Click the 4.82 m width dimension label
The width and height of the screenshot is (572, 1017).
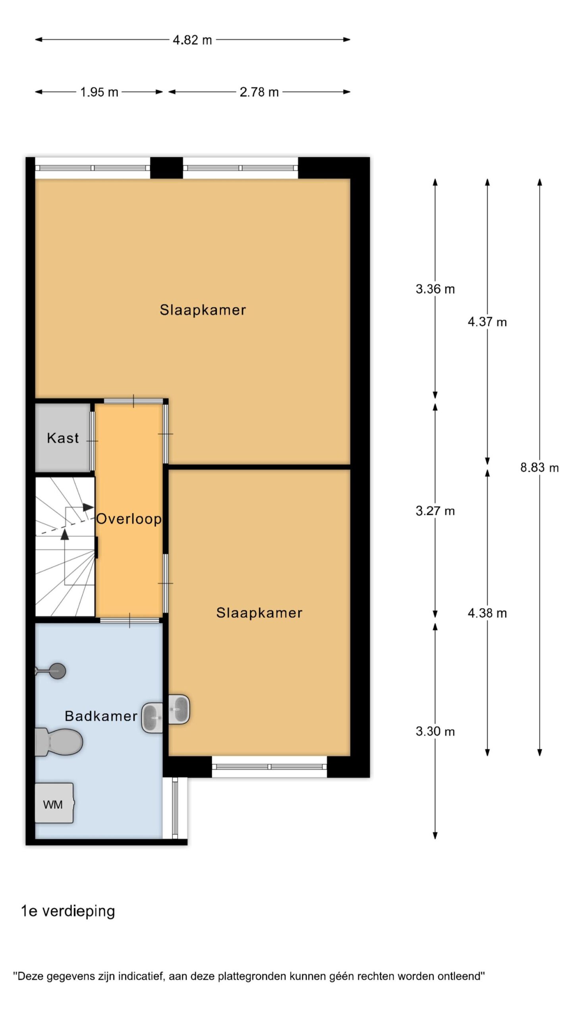(x=192, y=40)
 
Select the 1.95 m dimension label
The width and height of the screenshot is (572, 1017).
(x=99, y=92)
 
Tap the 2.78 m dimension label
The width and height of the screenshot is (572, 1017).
(x=259, y=92)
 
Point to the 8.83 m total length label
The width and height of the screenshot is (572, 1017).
(x=539, y=468)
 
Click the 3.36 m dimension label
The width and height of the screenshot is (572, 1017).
(x=435, y=289)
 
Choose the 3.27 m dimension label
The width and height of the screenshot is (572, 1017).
(x=435, y=511)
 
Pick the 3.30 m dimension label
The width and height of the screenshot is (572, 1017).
(x=435, y=731)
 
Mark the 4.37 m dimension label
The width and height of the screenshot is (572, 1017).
(x=487, y=322)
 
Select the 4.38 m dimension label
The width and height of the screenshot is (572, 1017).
(x=487, y=613)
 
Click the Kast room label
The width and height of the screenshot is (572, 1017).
(x=63, y=438)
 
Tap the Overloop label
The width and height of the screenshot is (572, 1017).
(x=129, y=519)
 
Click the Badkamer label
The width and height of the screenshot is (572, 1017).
(x=101, y=716)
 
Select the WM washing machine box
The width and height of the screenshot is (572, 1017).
(x=54, y=803)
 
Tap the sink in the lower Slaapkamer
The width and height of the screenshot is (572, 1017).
(x=179, y=709)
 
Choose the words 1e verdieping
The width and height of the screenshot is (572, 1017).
(x=68, y=911)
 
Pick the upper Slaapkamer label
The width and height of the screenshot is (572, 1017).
(x=203, y=310)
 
